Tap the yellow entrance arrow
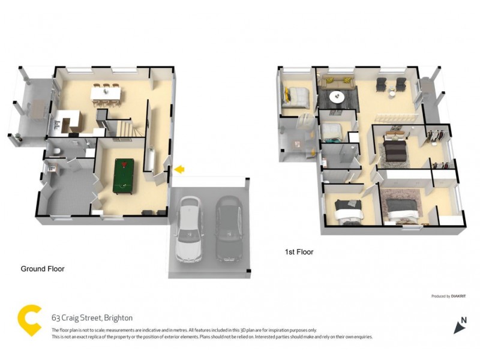pyautogui.click(x=178, y=170)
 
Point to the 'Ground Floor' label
pyautogui.click(x=43, y=269)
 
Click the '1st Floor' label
pyautogui.click(x=299, y=252)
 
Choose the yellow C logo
pyautogui.click(x=30, y=320)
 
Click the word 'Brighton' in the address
pyautogui.click(x=118, y=318)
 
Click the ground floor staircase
pyautogui.click(x=128, y=128)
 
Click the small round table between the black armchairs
pyautogui.click(x=392, y=92)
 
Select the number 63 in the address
pyautogui.click(x=56, y=318)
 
